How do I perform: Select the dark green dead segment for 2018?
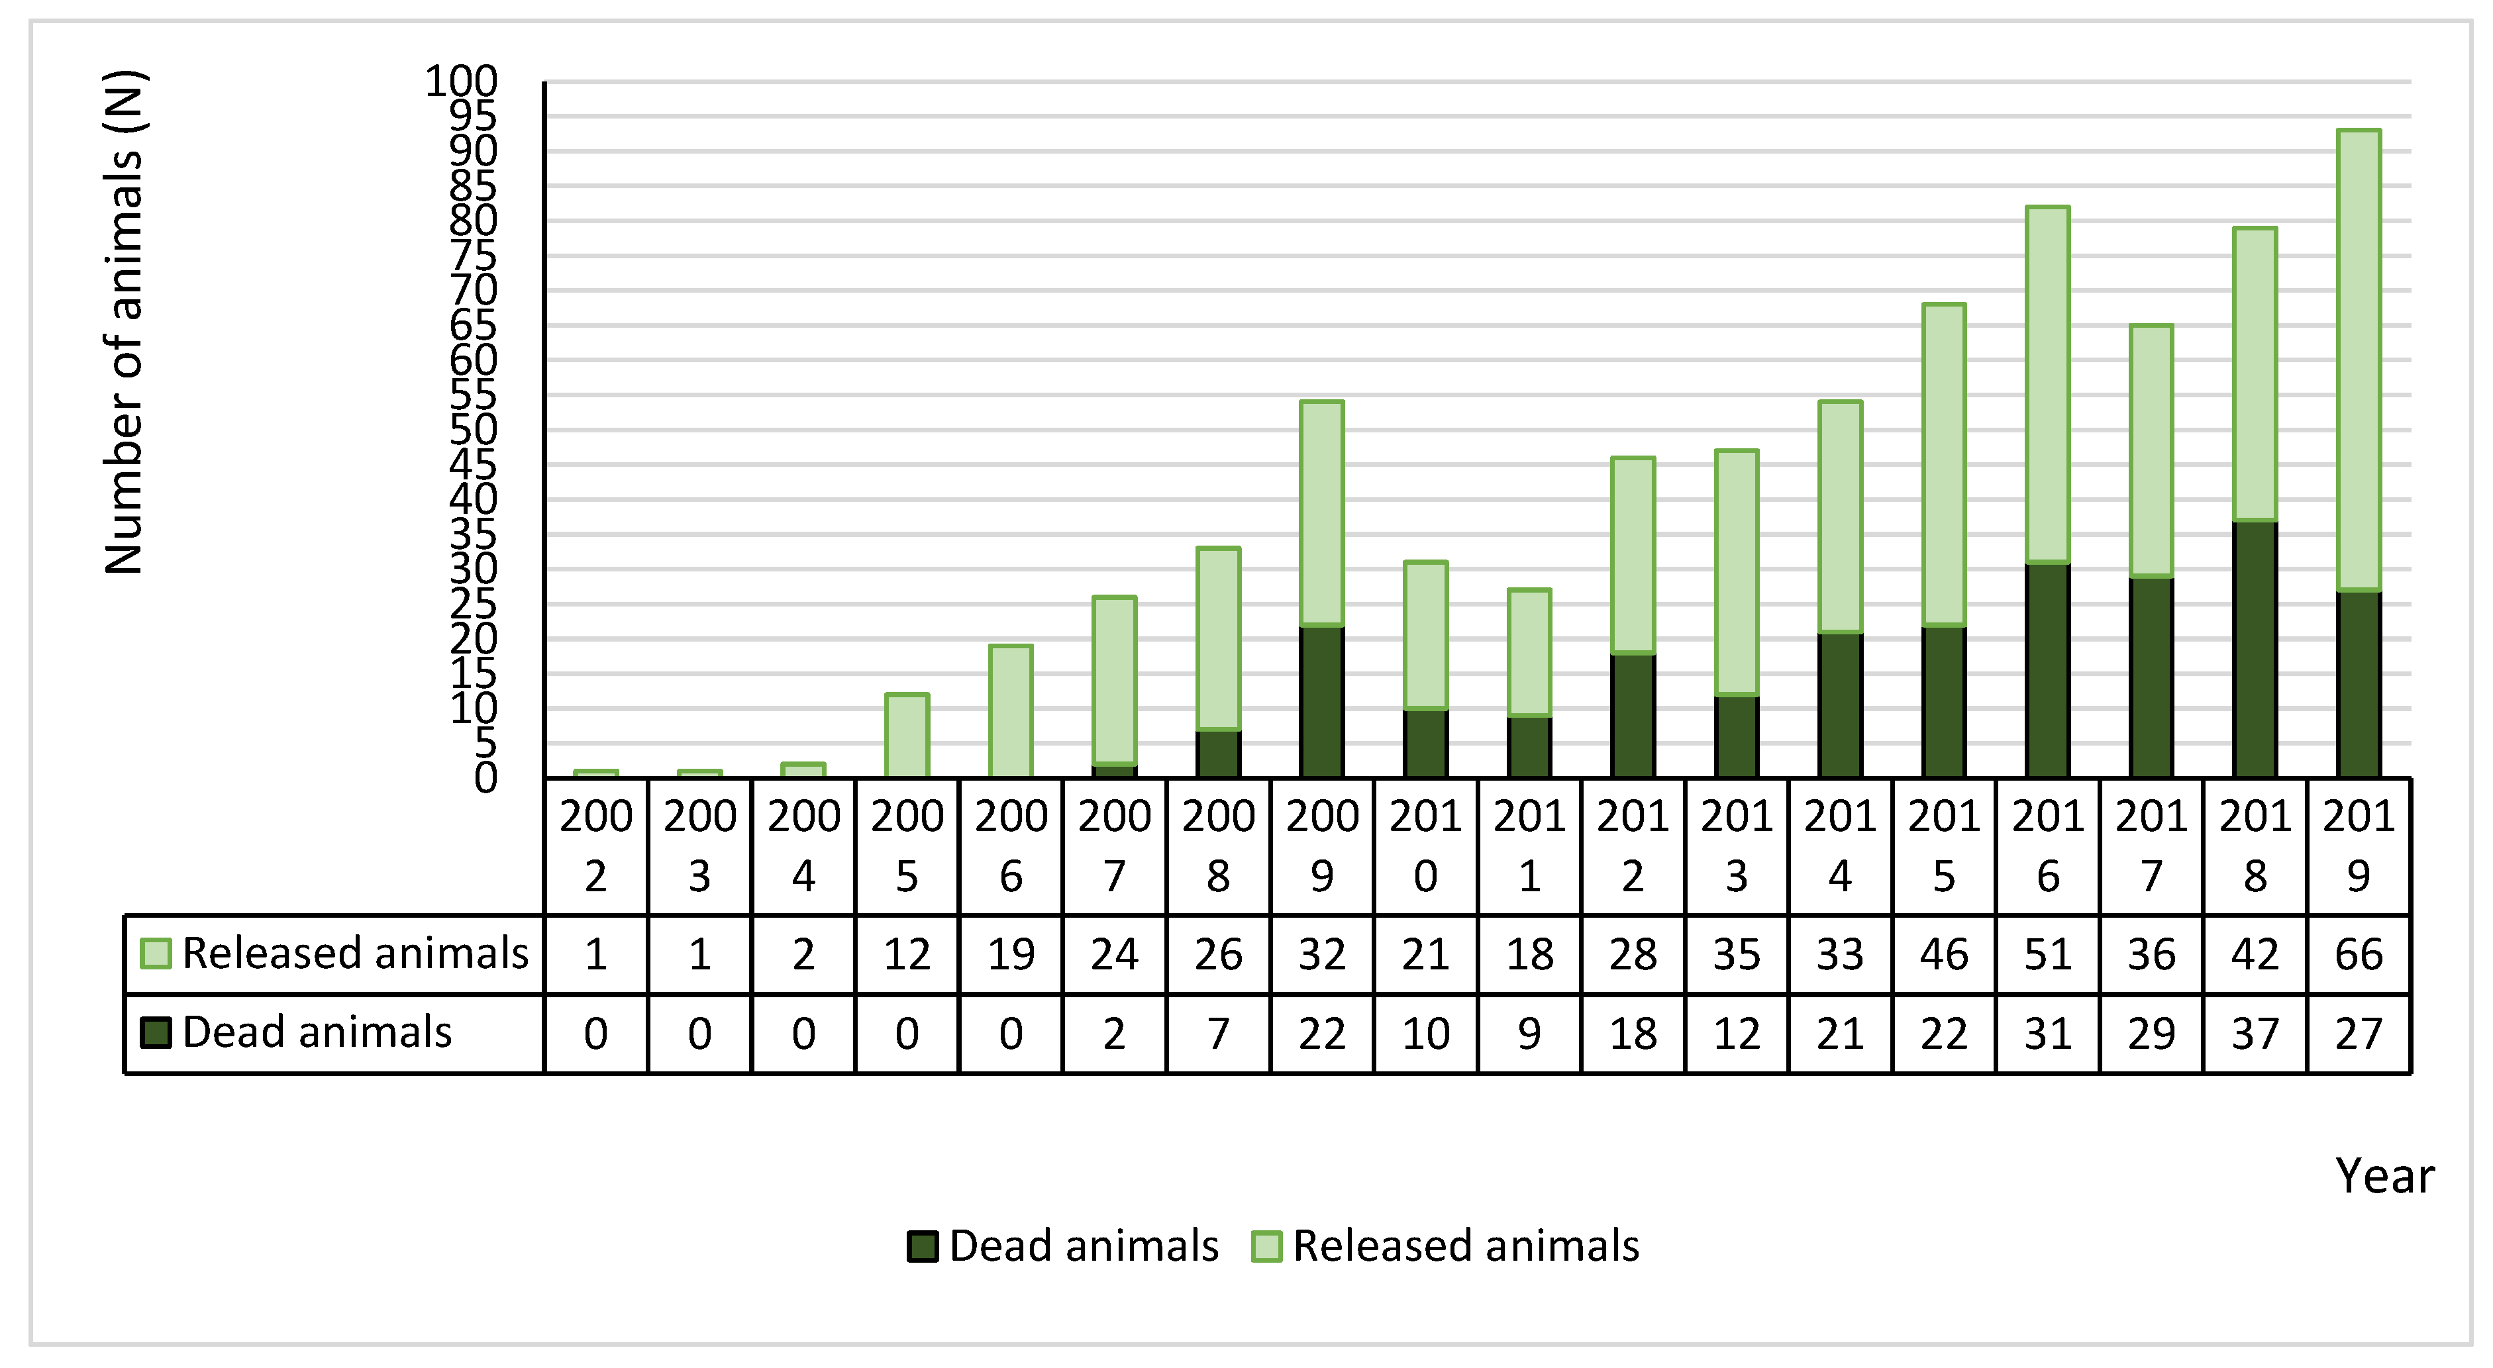pos(2255,648)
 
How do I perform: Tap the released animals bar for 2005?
pos(907,735)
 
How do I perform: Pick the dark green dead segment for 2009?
pos(1322,701)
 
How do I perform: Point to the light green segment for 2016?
pos(2048,384)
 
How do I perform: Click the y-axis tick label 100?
pos(462,81)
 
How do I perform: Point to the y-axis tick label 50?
pos(474,430)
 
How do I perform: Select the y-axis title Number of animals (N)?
pos(124,322)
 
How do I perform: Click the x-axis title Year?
pos(2384,1177)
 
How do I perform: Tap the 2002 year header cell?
pos(596,846)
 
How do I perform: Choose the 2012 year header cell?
pos(1633,846)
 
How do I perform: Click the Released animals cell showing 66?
pos(2359,954)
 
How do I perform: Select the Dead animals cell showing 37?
pos(2255,1033)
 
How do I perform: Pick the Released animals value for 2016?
pos(2048,954)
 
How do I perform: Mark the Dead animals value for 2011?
pos(1529,1033)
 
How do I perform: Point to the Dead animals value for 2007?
pos(1114,1033)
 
